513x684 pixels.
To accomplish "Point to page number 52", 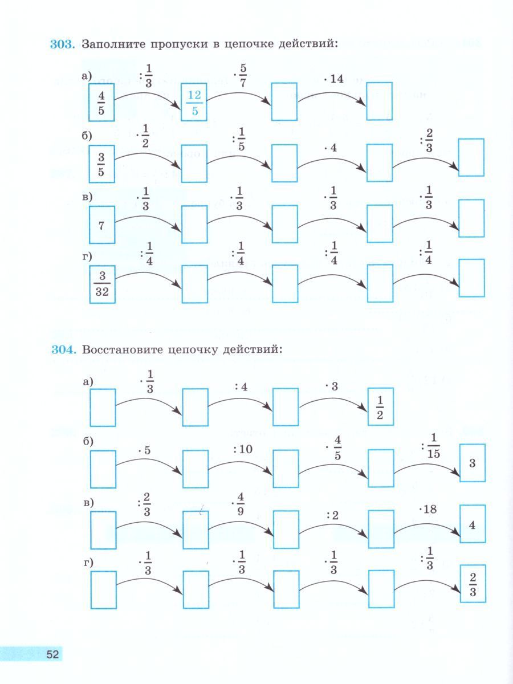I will (52, 654).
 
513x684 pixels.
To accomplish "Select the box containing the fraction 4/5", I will (101, 103).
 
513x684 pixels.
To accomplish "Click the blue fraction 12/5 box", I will (194, 103).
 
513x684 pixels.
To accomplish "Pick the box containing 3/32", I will (103, 284).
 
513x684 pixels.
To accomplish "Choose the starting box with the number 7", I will (102, 225).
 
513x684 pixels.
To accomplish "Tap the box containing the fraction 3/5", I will (101, 164).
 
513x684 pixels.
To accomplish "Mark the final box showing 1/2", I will (380, 407).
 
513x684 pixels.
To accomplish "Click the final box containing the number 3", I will (472, 463).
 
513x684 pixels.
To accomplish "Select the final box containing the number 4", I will (472, 523).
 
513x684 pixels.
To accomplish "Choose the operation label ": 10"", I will (242, 449).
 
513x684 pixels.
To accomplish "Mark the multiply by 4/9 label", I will (238, 504).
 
